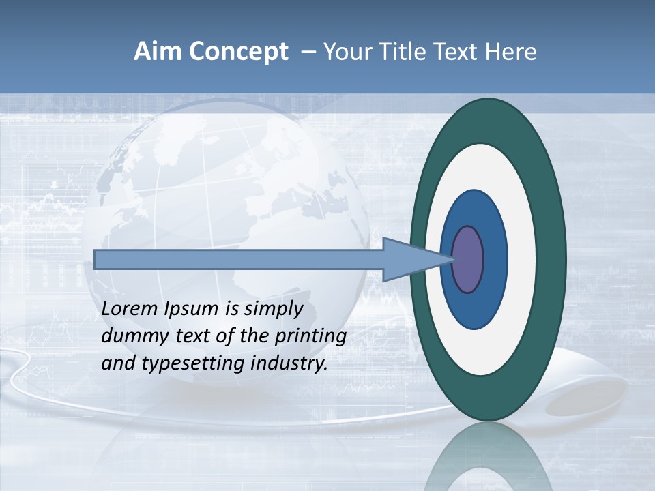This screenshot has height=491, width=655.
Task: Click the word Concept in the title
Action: tap(238, 52)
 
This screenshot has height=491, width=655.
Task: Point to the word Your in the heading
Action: tap(345, 52)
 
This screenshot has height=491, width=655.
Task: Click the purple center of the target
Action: tap(468, 259)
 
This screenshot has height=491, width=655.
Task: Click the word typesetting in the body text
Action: tap(193, 363)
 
